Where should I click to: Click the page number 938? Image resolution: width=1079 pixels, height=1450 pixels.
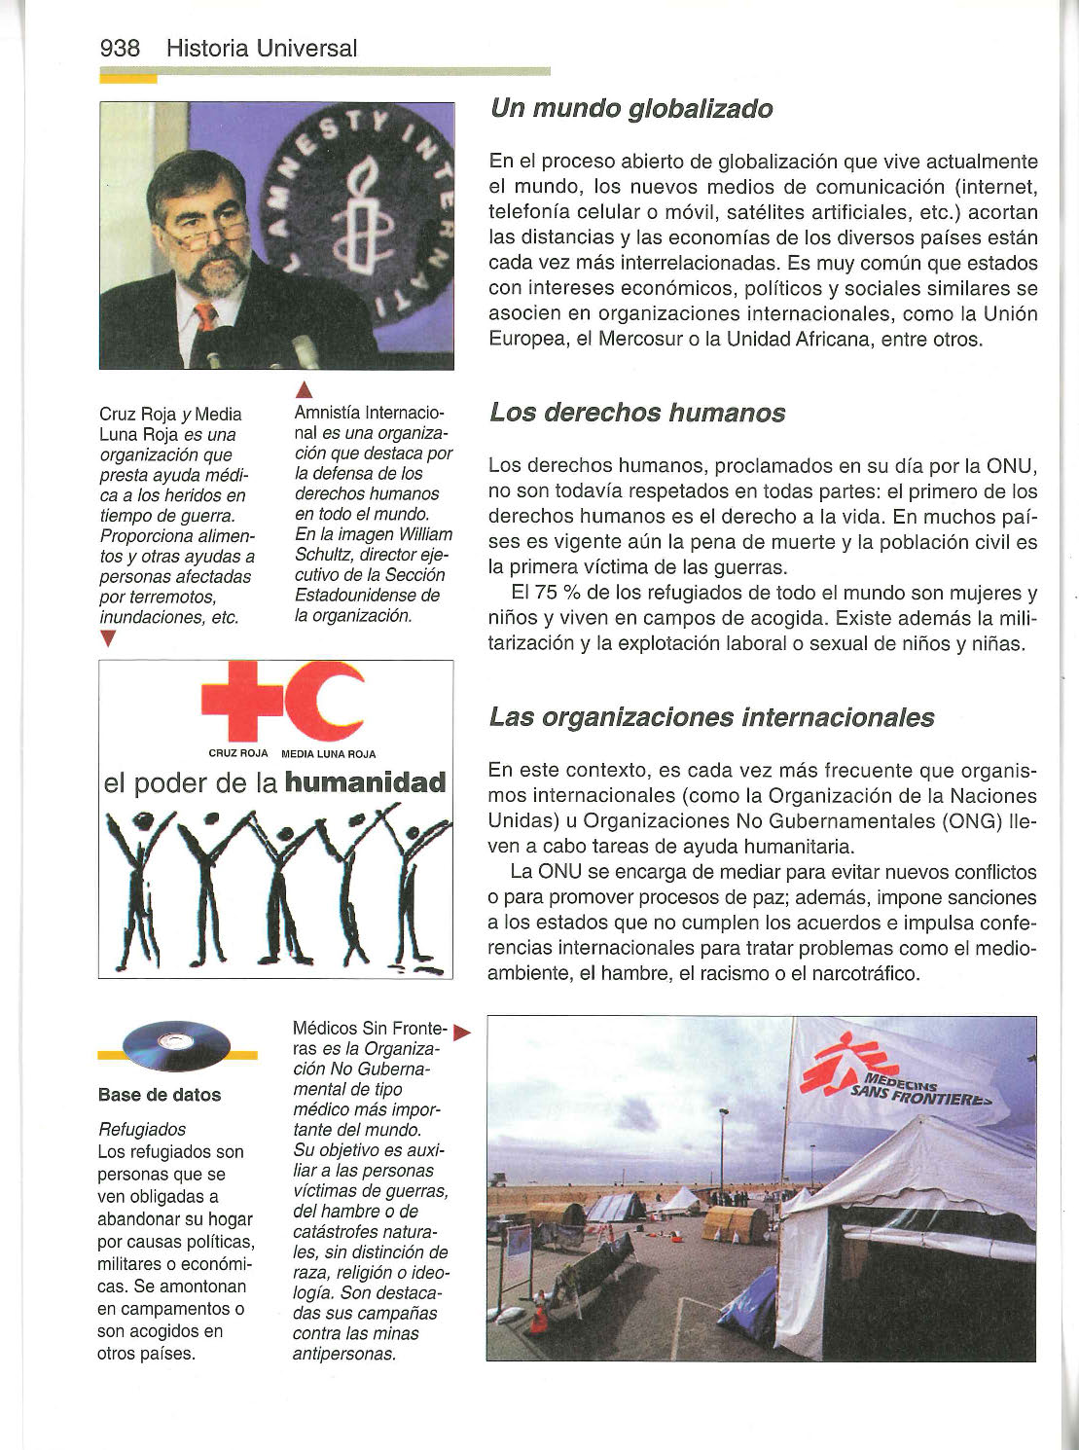coord(120,48)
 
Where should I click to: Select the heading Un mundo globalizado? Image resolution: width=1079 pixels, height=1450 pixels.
coord(631,108)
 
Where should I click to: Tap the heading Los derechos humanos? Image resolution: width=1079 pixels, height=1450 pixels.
coord(637,413)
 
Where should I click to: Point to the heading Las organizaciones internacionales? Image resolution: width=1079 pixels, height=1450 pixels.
coord(711,717)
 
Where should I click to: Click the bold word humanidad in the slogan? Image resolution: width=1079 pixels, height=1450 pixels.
coord(365,783)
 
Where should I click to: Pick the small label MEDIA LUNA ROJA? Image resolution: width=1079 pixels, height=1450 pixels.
coord(328,753)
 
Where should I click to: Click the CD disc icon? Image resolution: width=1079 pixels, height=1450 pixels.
coord(178,1047)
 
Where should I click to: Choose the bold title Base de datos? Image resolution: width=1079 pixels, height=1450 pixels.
coord(160,1095)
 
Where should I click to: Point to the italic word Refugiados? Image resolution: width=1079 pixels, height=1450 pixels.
coord(142,1129)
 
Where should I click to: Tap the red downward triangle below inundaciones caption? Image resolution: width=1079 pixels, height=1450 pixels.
coord(108,638)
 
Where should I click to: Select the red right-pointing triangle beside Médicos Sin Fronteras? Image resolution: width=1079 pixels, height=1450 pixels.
coord(461,1031)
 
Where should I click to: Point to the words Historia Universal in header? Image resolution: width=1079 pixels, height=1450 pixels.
coord(262,48)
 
